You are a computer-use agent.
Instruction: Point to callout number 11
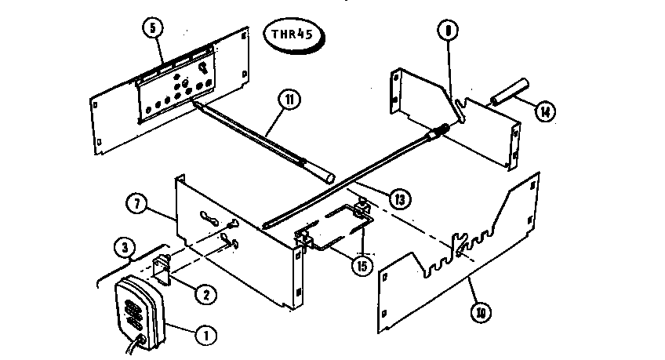tap(291, 101)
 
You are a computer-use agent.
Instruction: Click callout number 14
tap(544, 111)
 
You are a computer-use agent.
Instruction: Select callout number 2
tap(205, 295)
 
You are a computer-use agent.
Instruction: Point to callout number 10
tap(479, 311)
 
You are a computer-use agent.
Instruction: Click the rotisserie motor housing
tap(140, 312)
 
